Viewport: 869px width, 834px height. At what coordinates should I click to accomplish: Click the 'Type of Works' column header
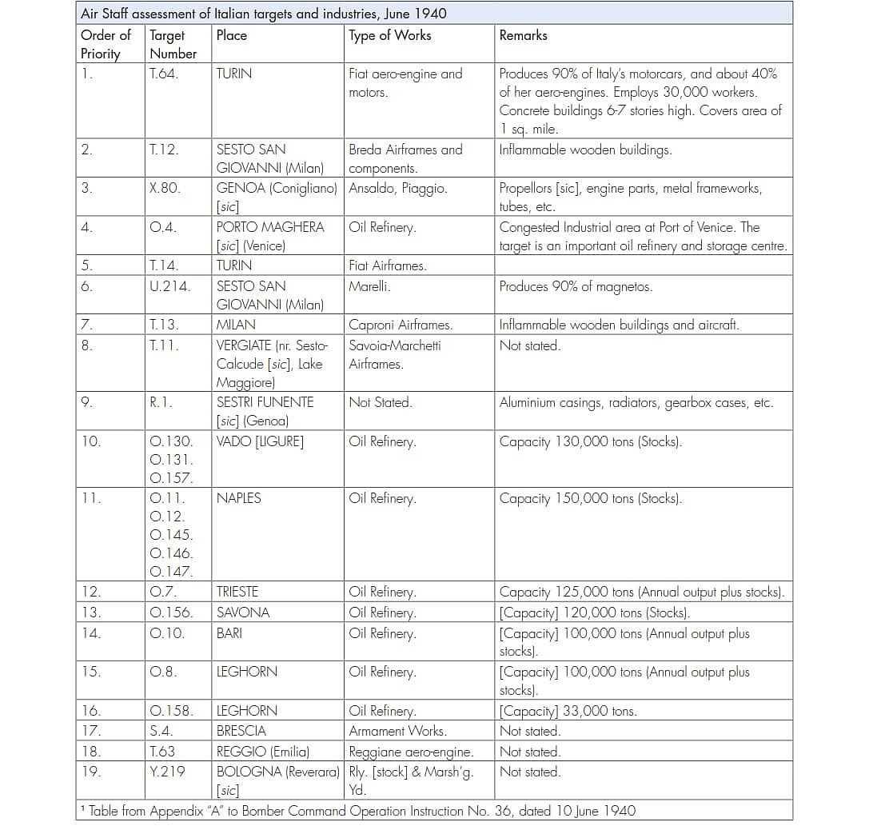(389, 36)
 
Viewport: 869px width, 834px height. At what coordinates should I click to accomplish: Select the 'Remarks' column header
(523, 36)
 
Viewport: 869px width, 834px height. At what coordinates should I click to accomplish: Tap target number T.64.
(163, 74)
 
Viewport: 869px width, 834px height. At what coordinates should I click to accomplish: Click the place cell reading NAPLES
(238, 498)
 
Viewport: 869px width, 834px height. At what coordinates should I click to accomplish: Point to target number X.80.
(165, 189)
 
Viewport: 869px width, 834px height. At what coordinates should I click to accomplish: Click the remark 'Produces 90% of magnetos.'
(576, 286)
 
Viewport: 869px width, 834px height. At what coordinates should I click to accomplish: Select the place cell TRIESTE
(237, 593)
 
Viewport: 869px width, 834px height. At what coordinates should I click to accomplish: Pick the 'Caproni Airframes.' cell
(401, 325)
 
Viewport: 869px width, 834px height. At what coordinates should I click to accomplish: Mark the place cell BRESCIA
(241, 731)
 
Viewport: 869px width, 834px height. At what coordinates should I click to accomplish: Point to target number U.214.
(169, 286)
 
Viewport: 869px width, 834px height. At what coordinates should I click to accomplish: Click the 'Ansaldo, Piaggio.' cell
(397, 189)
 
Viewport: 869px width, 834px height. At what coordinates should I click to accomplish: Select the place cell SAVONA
(242, 613)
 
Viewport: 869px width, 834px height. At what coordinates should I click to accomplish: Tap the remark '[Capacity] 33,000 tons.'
(568, 711)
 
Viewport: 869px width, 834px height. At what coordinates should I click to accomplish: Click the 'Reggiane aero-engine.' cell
(411, 752)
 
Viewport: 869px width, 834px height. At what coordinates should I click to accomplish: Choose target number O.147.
(171, 572)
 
